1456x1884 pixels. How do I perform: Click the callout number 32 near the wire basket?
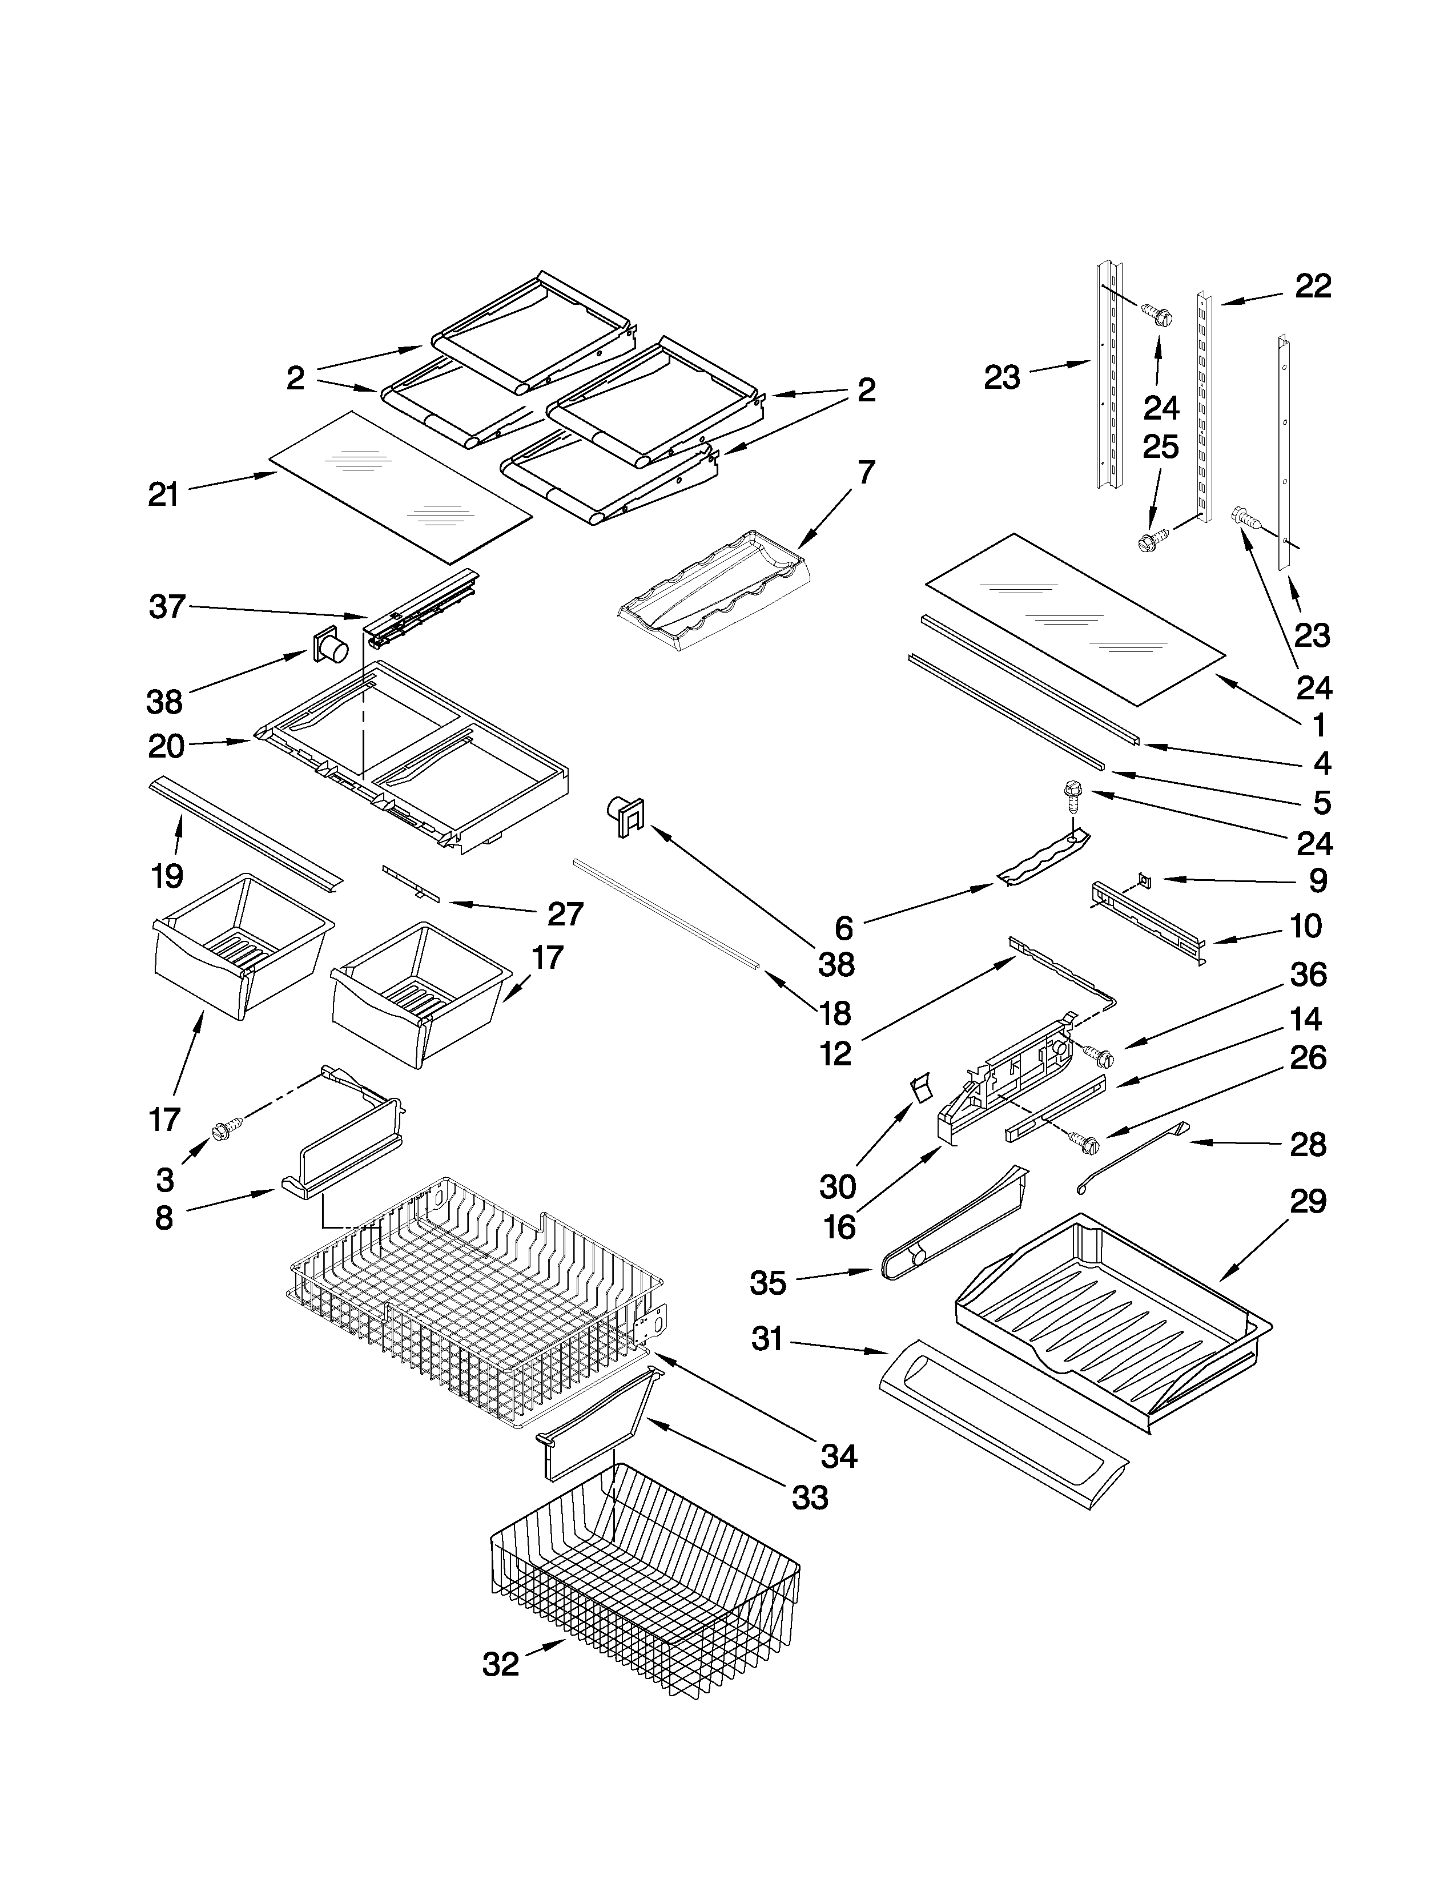500,1664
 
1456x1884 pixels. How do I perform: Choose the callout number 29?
1308,1201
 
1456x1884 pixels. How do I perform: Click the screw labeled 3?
230,1126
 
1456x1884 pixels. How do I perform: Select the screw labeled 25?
1149,542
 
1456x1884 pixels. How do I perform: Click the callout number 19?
167,876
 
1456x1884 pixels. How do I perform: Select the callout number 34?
838,1457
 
